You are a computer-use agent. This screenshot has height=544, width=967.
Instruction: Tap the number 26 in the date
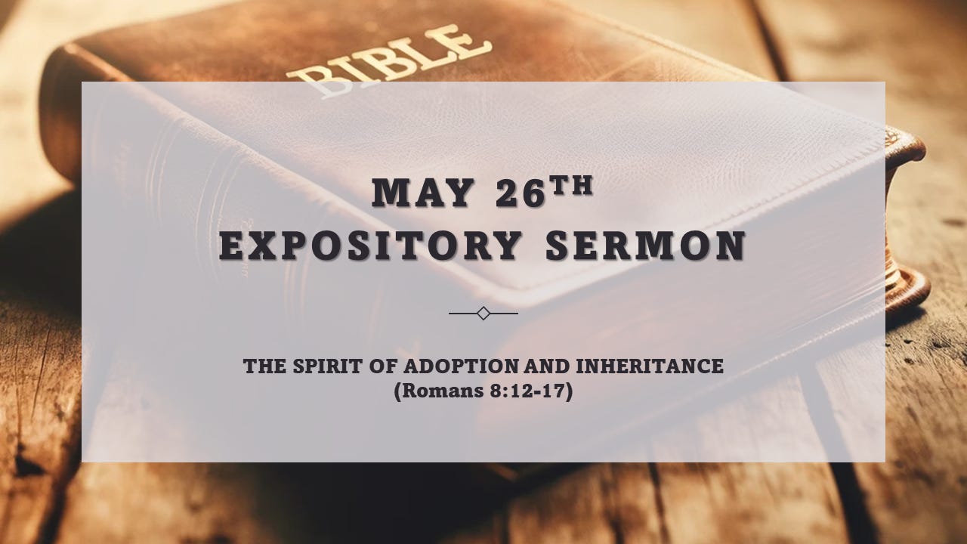(520, 194)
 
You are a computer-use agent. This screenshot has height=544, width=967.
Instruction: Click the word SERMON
(645, 246)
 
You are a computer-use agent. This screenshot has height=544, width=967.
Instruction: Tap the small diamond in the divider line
(483, 313)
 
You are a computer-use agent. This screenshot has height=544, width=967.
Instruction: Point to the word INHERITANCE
(650, 366)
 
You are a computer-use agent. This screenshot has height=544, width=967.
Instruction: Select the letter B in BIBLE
(310, 80)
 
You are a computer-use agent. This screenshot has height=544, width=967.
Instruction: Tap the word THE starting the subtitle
(261, 366)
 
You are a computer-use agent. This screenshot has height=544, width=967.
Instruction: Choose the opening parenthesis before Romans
(397, 392)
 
